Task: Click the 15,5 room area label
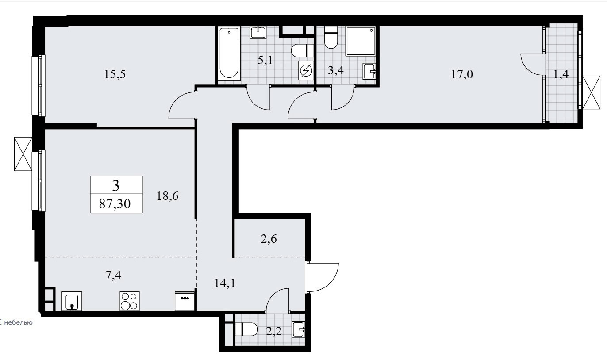pyautogui.click(x=115, y=74)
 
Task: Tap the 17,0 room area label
pyautogui.click(x=462, y=74)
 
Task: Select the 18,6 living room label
pyautogui.click(x=168, y=196)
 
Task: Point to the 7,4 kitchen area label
pyautogui.click(x=113, y=275)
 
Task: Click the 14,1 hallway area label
pyautogui.click(x=225, y=283)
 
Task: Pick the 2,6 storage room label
pyautogui.click(x=269, y=239)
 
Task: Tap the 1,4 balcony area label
pyautogui.click(x=561, y=74)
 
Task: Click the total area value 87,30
pyautogui.click(x=115, y=204)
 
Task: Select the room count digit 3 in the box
pyautogui.click(x=116, y=186)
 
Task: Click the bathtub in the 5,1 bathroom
pyautogui.click(x=229, y=54)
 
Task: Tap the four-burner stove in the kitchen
pyautogui.click(x=130, y=301)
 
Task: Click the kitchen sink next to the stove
pyautogui.click(x=72, y=301)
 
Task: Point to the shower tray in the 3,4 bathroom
pyautogui.click(x=361, y=41)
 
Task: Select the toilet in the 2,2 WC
pyautogui.click(x=246, y=329)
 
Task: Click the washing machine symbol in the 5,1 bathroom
pyautogui.click(x=306, y=71)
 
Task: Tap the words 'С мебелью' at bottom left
pyautogui.click(x=16, y=322)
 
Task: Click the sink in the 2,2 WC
pyautogui.click(x=298, y=329)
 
